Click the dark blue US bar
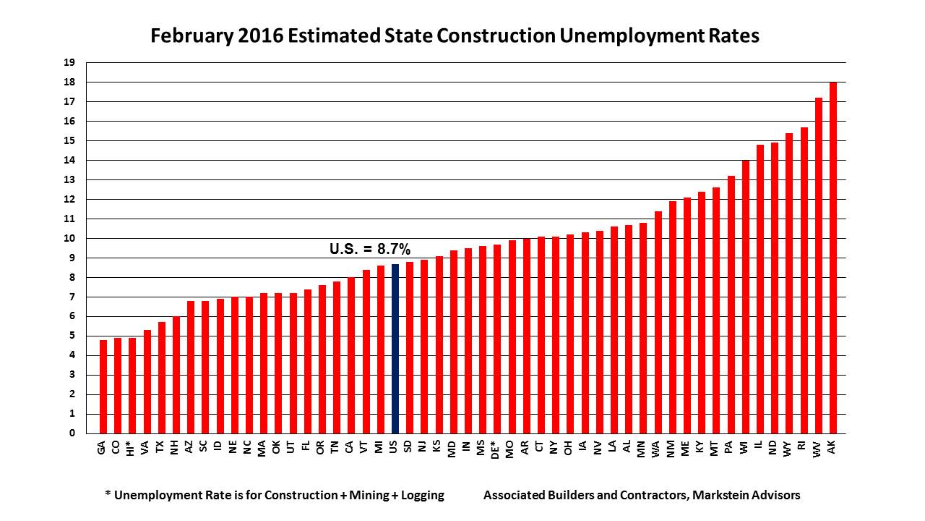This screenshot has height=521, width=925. pos(395,348)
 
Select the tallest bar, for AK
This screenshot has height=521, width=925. pos(833,258)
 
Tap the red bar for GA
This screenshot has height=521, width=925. pos(103,386)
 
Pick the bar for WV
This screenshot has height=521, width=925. pos(819,266)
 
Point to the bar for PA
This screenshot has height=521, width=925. pos(731,305)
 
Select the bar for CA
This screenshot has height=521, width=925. pos(351,355)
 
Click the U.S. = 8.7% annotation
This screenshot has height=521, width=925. pos(370,249)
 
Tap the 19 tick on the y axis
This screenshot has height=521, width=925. pos(69,63)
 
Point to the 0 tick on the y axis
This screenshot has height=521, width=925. pos(72,433)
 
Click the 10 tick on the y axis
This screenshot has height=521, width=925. pos(69,238)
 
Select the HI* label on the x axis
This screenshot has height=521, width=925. pos(132,449)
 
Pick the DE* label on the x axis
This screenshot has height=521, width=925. pos(497,449)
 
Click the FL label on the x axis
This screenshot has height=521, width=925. pos(308,447)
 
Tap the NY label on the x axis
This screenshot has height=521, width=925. pos(556,447)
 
